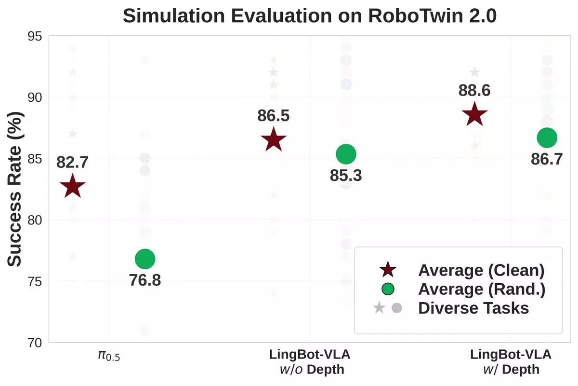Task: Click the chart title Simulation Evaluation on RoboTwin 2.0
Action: [310, 16]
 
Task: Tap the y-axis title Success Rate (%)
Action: [16, 190]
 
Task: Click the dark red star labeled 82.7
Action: [73, 187]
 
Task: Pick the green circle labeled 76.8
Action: [145, 259]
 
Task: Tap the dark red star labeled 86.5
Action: [274, 140]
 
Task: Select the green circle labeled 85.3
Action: [346, 154]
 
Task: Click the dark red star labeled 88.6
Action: [475, 115]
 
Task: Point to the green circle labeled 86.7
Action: [547, 138]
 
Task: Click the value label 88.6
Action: [475, 90]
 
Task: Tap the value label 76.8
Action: [145, 280]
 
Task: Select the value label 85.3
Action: [346, 176]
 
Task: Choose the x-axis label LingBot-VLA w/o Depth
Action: [310, 362]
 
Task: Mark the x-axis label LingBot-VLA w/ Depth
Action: [511, 362]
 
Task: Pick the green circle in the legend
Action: [388, 289]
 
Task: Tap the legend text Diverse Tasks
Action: [473, 308]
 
